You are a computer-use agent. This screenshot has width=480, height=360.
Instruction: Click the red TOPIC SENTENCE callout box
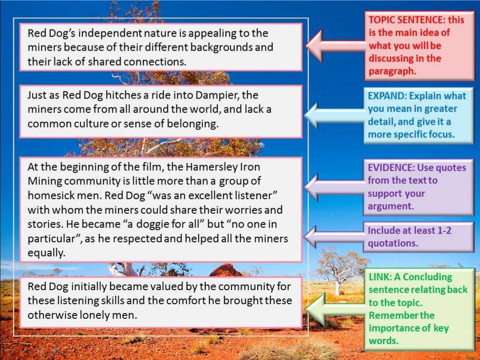419,46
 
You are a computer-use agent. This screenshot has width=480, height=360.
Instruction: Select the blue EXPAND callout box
417,115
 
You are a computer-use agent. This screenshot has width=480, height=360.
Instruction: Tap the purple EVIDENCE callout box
418,187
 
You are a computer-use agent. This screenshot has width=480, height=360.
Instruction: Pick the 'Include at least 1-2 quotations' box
418,237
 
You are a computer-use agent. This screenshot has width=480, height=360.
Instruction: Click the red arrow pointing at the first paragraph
335,45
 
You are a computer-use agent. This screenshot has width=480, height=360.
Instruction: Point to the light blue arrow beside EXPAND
335,115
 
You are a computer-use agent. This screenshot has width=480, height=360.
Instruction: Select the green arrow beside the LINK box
335,308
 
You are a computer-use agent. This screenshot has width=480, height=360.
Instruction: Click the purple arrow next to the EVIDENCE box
335,187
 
